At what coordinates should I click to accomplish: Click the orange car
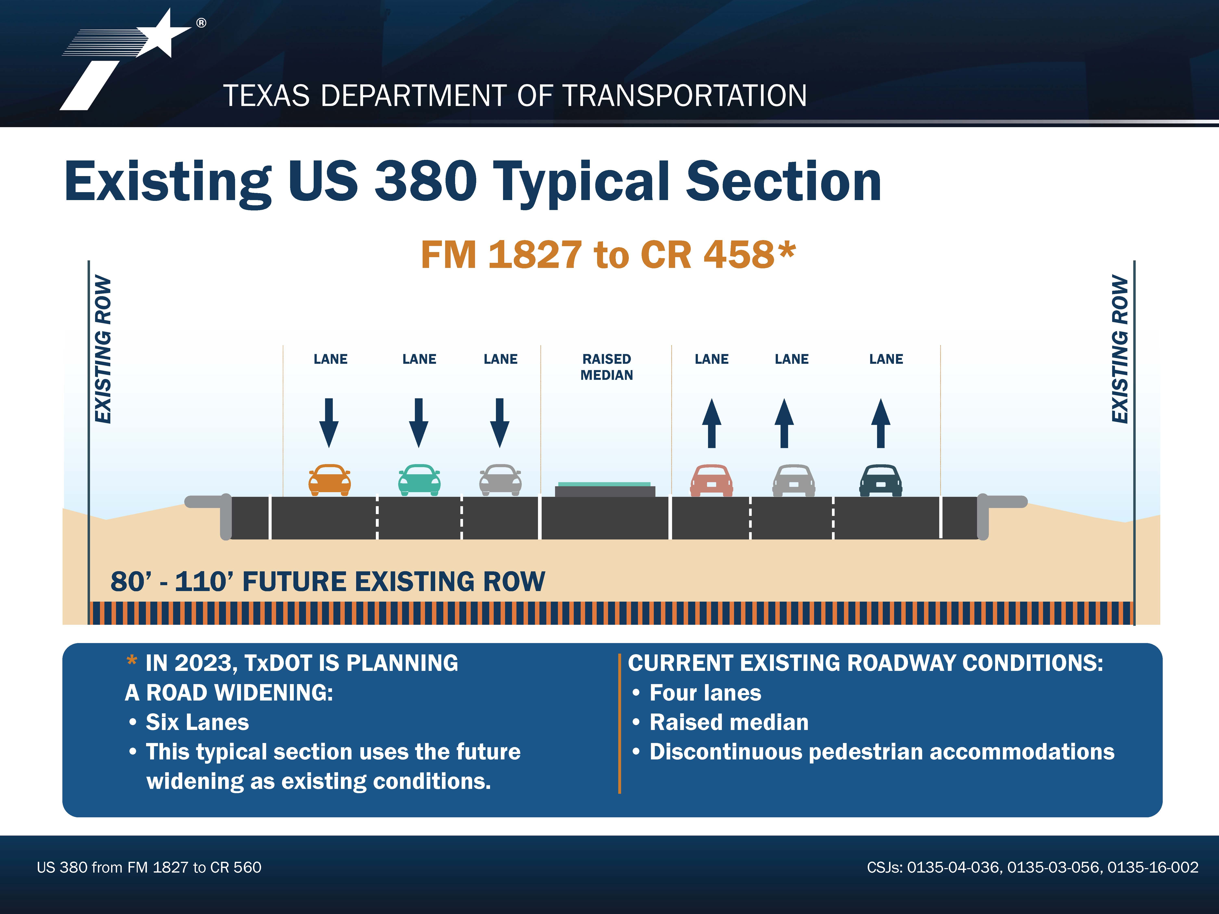coord(330,480)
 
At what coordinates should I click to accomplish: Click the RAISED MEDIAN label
coord(607,367)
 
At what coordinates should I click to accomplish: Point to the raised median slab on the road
coord(605,489)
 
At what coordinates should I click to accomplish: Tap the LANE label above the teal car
coord(419,359)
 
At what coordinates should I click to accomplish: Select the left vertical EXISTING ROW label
coord(103,349)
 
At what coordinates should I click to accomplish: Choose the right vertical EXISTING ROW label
coord(1120,349)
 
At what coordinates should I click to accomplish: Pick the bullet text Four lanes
coord(705,693)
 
